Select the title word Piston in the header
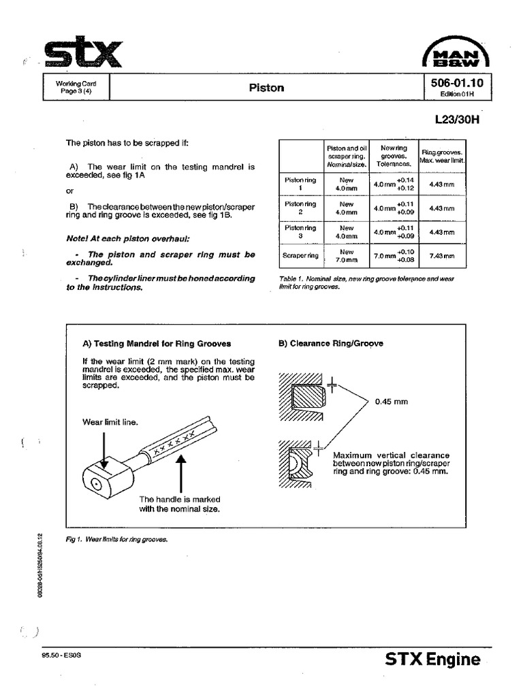pyautogui.click(x=266, y=88)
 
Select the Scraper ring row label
pyautogui.click(x=300, y=256)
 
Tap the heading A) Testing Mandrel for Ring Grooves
pyautogui.click(x=156, y=344)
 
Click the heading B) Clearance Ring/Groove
pyautogui.click(x=330, y=344)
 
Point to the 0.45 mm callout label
pyautogui.click(x=391, y=402)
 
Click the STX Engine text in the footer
pyautogui.click(x=432, y=659)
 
